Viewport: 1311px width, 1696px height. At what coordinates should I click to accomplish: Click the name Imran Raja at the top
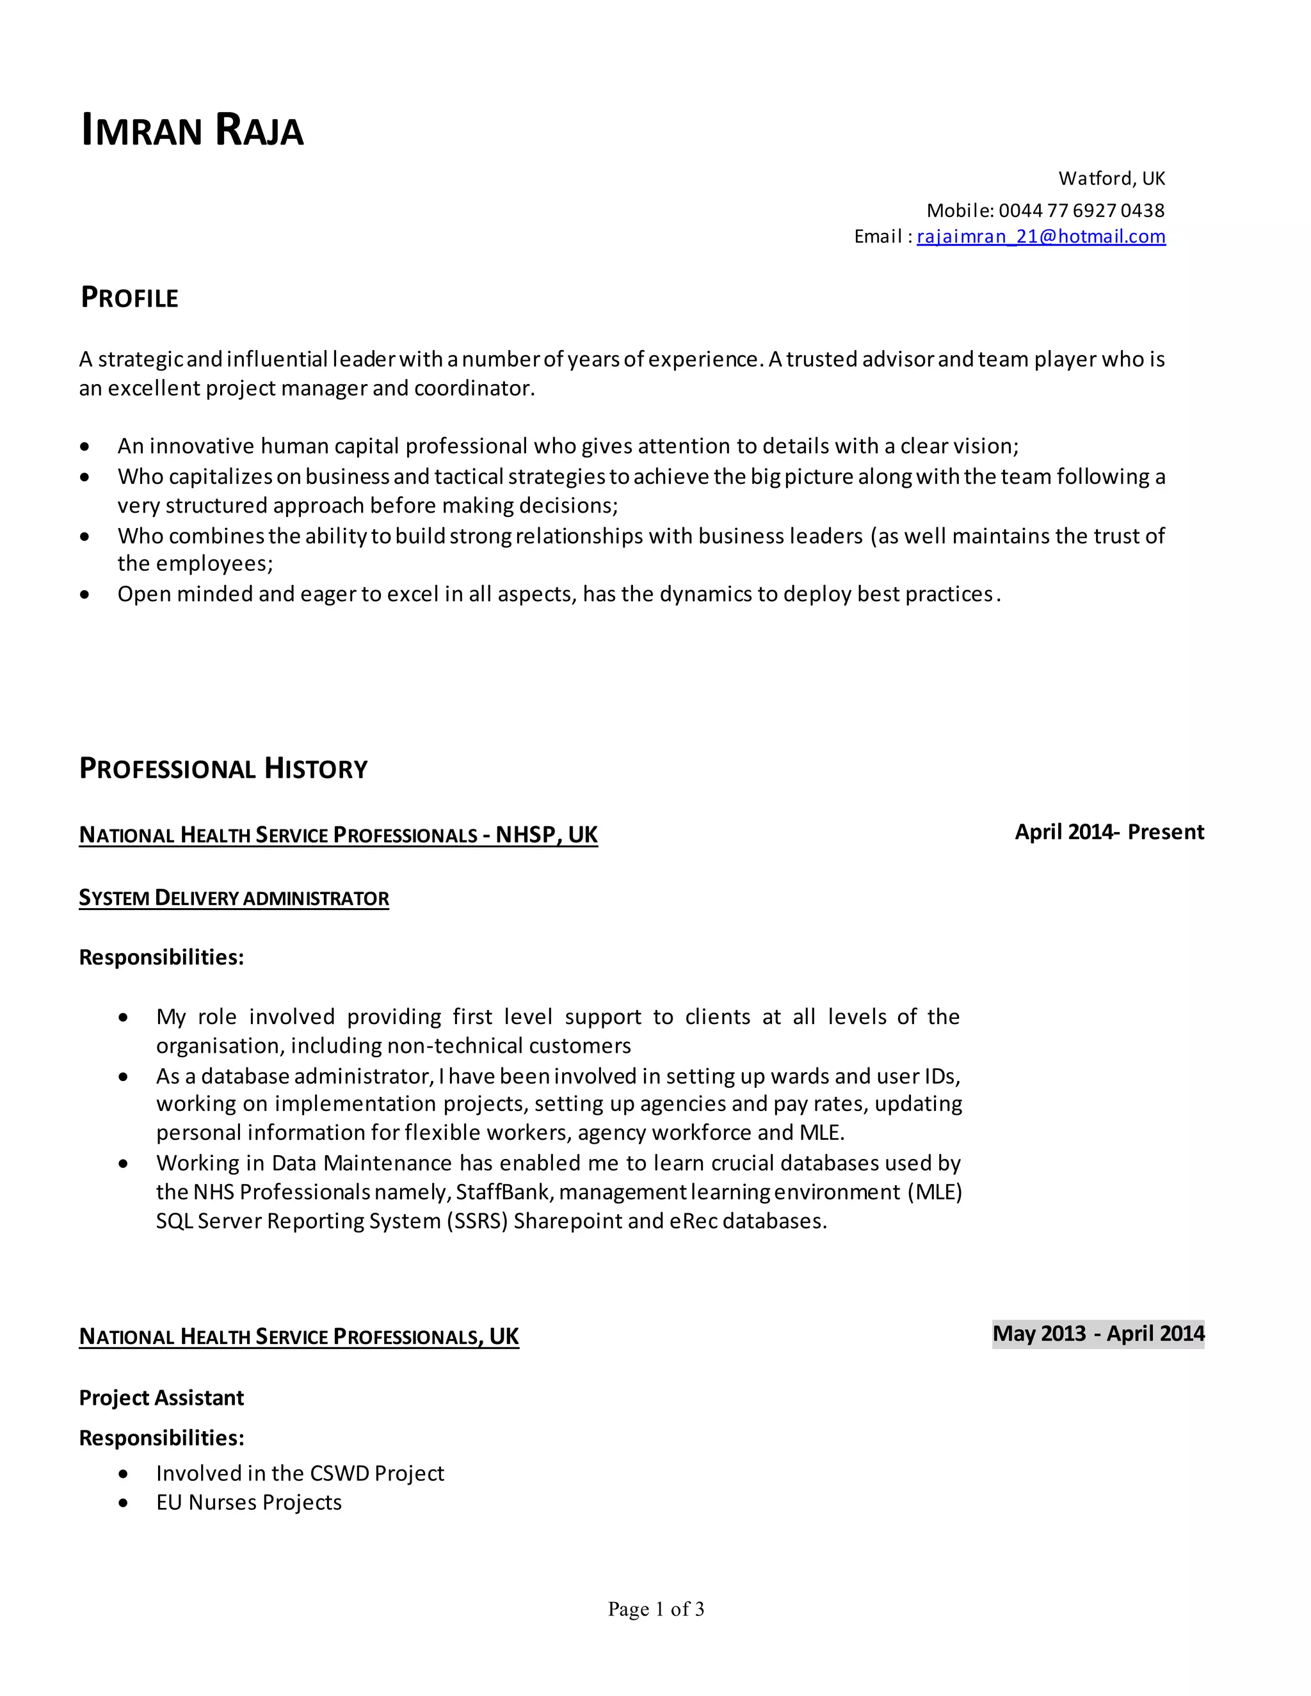click(192, 130)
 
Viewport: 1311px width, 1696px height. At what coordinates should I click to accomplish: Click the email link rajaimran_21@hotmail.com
click(1041, 236)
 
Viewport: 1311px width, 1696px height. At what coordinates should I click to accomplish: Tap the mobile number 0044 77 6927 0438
click(1081, 211)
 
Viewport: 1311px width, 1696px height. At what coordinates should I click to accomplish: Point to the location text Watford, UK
click(1111, 179)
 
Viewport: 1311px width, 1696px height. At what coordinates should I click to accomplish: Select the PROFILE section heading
click(130, 298)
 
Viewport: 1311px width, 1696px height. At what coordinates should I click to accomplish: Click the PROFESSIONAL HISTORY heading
click(223, 768)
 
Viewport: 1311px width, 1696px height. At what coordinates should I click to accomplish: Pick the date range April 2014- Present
click(1109, 832)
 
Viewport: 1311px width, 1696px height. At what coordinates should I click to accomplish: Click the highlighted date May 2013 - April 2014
click(1098, 1333)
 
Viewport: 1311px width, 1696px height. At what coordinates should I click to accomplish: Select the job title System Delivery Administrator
click(234, 898)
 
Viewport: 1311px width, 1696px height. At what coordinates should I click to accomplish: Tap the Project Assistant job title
click(161, 1398)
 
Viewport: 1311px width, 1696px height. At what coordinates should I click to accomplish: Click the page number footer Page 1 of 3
click(655, 1609)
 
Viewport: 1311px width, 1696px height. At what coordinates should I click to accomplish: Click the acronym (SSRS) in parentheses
click(476, 1220)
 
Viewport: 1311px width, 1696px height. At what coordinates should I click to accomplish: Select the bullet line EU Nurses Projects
click(248, 1503)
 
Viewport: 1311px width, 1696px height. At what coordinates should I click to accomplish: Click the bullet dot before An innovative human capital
click(84, 447)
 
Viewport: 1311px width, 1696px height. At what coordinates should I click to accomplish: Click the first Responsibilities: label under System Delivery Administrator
click(161, 957)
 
